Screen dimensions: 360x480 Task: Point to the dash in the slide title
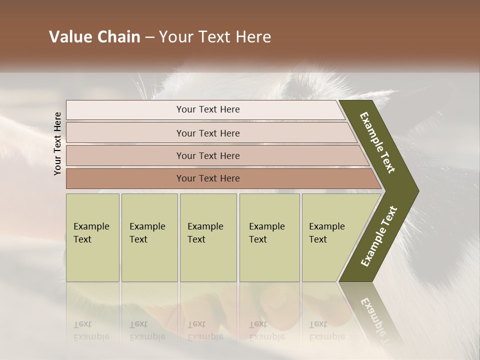[149, 37]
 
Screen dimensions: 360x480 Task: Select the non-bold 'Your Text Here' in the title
[215, 37]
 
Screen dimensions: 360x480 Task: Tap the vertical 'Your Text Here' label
[57, 144]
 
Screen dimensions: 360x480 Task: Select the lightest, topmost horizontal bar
[207, 109]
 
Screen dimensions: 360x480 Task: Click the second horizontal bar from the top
[207, 133]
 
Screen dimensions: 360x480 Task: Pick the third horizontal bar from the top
[207, 155]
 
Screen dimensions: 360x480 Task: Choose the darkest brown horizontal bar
[207, 178]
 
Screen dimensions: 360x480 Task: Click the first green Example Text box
[92, 237]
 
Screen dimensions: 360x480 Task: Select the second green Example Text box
[149, 237]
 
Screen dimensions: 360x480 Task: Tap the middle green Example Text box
[208, 237]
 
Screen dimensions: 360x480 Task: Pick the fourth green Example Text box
[269, 237]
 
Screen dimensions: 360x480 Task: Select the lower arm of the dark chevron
[378, 236]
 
